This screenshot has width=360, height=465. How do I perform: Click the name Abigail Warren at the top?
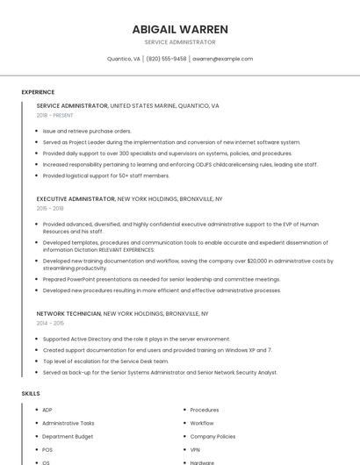(180, 29)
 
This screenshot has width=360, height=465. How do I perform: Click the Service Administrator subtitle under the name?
(180, 42)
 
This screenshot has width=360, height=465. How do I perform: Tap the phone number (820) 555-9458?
(166, 59)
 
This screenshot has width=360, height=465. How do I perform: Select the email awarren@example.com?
(223, 59)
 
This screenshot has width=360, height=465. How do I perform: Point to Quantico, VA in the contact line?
(124, 59)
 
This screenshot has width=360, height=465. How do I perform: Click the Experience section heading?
(38, 92)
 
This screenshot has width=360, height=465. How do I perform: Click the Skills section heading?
(31, 394)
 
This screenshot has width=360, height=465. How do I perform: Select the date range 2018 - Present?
(55, 115)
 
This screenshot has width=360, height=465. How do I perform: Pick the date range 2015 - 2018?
(50, 208)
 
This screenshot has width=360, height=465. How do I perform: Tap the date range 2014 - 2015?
(50, 323)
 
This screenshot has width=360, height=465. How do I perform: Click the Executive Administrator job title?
(76, 199)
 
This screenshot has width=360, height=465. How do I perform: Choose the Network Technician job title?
(69, 313)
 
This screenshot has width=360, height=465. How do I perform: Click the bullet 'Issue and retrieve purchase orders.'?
(87, 131)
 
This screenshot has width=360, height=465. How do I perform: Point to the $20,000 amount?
(259, 261)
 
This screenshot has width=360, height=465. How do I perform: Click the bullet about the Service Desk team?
(105, 361)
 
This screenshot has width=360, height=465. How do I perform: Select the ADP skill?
(47, 410)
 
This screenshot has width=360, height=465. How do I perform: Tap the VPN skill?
(196, 449)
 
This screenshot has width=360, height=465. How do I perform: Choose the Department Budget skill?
(68, 436)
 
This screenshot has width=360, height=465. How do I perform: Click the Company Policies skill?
(212, 436)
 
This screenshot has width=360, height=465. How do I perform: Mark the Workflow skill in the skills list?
(202, 423)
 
